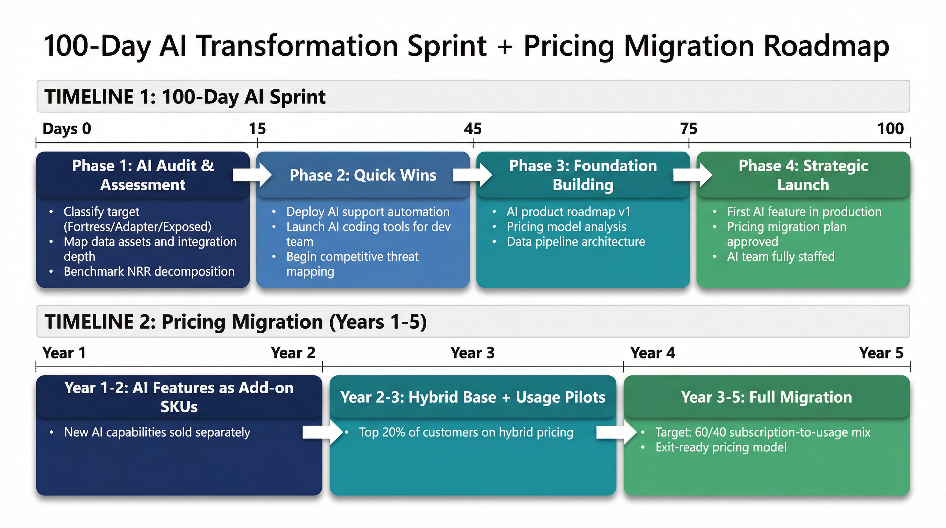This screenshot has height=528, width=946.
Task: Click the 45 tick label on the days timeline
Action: [473, 129]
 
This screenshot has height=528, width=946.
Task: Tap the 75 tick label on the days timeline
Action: [689, 129]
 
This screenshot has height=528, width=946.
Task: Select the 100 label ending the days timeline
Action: [891, 129]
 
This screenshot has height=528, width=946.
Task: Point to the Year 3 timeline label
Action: [473, 353]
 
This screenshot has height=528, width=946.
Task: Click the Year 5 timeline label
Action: [881, 353]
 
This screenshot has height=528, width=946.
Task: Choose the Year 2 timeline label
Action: [293, 353]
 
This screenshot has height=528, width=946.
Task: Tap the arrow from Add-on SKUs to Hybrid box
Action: [322, 432]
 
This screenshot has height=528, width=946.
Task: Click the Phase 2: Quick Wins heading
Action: [363, 175]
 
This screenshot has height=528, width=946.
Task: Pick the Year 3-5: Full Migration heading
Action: [767, 397]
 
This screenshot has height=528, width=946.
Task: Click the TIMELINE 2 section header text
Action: [235, 322]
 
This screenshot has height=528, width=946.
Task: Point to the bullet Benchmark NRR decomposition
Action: [149, 271]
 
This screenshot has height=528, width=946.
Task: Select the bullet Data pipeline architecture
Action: [576, 242]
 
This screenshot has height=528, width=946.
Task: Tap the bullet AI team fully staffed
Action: [781, 256]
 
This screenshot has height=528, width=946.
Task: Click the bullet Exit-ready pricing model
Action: [721, 447]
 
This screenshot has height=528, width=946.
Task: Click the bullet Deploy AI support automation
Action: [368, 212]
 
